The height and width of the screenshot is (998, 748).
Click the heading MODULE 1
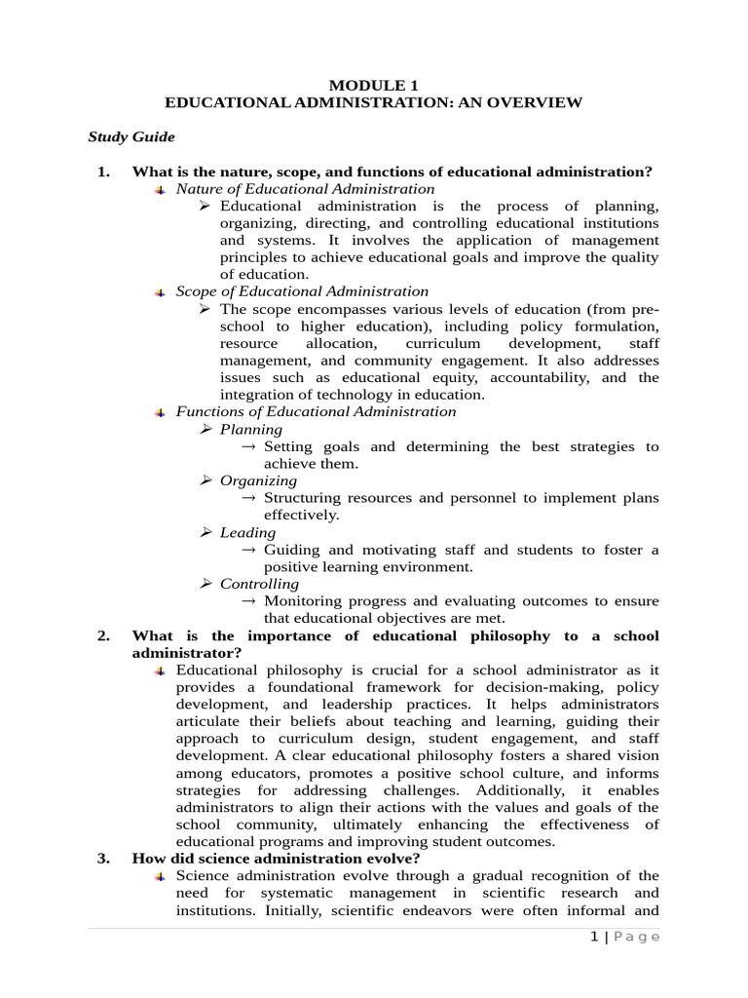[373, 85]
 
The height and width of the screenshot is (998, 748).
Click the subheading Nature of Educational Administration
[305, 188]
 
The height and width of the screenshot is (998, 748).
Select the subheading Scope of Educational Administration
[302, 290]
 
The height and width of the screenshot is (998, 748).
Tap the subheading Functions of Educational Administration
[316, 411]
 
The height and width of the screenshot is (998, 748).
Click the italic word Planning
[250, 429]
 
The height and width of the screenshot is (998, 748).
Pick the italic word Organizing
[258, 480]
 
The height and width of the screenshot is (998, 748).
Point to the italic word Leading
[247, 532]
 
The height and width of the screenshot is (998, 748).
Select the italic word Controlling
[259, 584]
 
